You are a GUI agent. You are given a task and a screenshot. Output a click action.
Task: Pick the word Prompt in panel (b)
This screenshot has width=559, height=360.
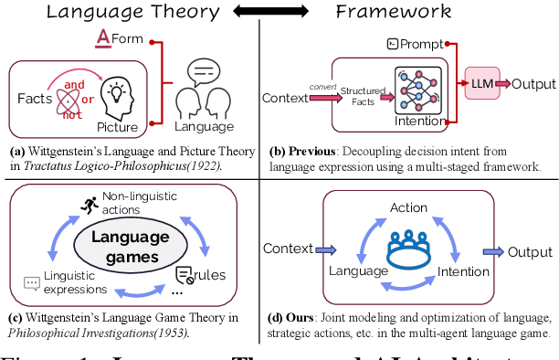420,43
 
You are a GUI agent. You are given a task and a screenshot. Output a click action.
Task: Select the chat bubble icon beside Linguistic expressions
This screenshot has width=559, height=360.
31,260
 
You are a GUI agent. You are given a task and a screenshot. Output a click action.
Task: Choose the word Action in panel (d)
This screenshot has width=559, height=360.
408,206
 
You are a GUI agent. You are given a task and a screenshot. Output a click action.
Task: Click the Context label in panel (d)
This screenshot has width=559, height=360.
287,248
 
